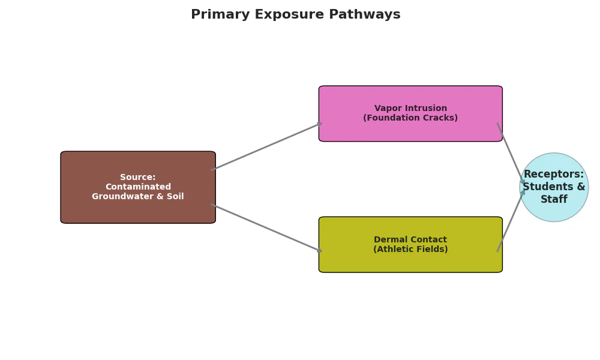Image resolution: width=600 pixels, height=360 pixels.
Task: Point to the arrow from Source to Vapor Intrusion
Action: [x=266, y=146]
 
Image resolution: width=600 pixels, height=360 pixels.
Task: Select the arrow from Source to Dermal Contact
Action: [x=266, y=228]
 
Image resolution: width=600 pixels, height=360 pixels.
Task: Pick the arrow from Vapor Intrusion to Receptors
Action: [x=511, y=153]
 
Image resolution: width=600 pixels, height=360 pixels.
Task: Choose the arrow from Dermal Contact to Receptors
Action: [x=511, y=221]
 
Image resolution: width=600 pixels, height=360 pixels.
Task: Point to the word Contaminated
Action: [x=138, y=187]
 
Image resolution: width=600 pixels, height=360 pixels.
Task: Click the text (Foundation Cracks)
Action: [x=410, y=118]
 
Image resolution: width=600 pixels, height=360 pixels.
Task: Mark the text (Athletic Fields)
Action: [x=410, y=250]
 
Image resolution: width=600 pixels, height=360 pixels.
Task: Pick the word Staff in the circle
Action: [x=554, y=200]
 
